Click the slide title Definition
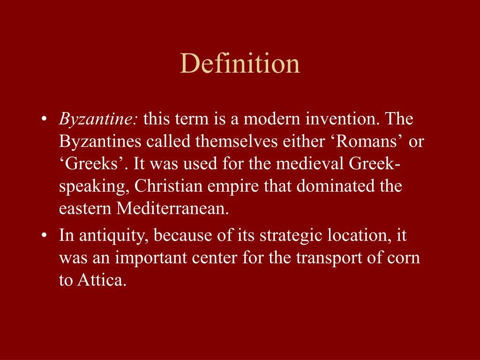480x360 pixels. pyautogui.click(x=240, y=63)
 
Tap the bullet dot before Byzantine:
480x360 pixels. pyautogui.click(x=44, y=120)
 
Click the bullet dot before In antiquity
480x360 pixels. pyautogui.click(x=44, y=236)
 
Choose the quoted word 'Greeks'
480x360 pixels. pyautogui.click(x=93, y=165)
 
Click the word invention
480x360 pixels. pyautogui.click(x=342, y=120)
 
